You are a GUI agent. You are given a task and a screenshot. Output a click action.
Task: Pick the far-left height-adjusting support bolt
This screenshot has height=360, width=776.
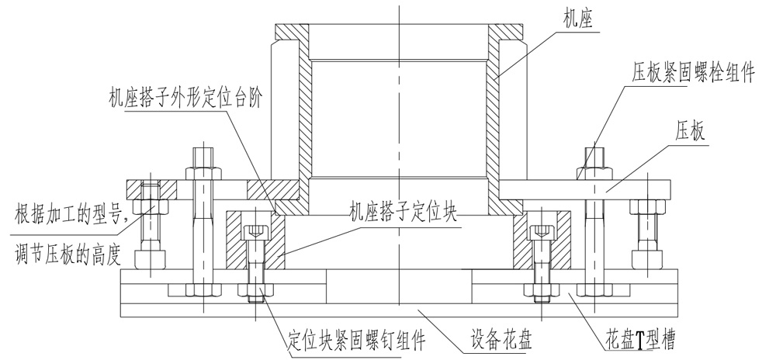click(x=149, y=229)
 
